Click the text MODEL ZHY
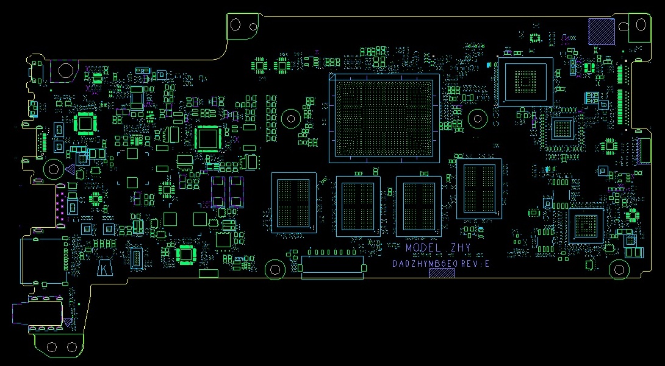(437, 248)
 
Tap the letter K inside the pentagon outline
(106, 269)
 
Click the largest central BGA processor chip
(384, 118)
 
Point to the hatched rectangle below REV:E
(442, 273)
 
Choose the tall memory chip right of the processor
(479, 189)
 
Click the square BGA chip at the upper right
(525, 82)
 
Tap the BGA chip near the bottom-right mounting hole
(586, 226)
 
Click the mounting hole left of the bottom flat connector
(275, 269)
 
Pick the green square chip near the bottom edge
(186, 255)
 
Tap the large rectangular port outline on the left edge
(43, 261)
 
